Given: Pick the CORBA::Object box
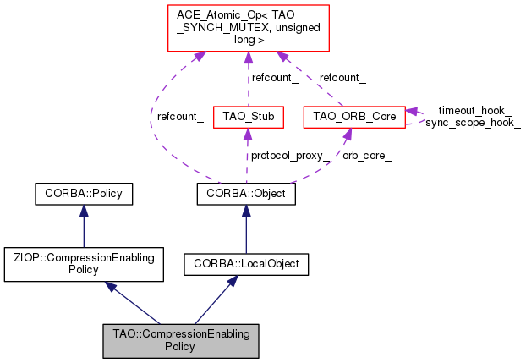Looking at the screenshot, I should (246, 194).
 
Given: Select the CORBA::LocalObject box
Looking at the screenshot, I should (246, 265).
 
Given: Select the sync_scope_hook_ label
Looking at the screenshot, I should (473, 123).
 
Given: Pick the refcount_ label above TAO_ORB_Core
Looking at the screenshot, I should (342, 77).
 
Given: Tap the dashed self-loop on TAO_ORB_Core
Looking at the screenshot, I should (416, 116).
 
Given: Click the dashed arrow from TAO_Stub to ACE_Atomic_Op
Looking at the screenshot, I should (247, 80).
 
